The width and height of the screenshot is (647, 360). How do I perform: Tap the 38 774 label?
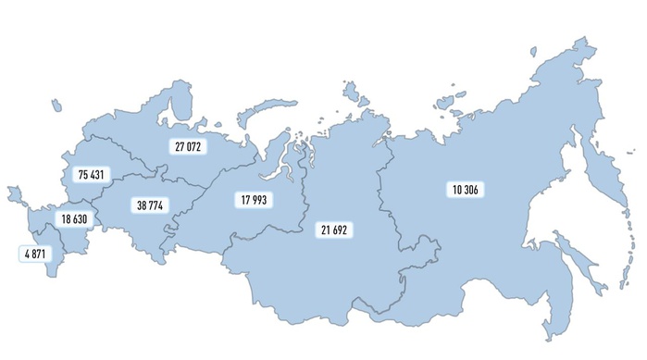point(149,205)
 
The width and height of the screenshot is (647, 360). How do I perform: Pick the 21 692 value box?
point(334,229)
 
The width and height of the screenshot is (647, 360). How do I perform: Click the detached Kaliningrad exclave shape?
point(14,195)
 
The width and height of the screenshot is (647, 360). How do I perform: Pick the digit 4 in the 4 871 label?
point(26,252)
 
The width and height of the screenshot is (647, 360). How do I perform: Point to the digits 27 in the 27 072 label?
point(178,146)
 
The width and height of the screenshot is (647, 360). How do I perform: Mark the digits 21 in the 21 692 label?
point(325,229)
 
